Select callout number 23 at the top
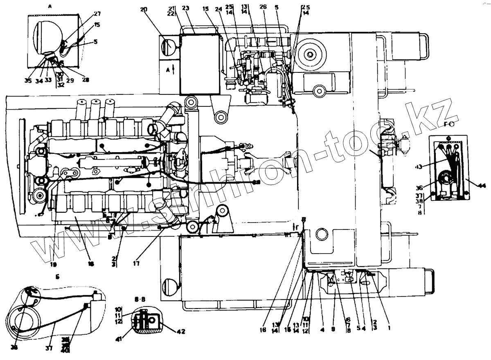click(x=185, y=8)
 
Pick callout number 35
click(x=27, y=80)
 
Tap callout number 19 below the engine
click(x=53, y=264)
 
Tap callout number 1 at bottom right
click(x=389, y=328)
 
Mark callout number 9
click(x=333, y=329)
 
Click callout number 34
click(x=38, y=81)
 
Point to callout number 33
click(x=48, y=80)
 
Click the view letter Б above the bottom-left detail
click(x=58, y=277)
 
